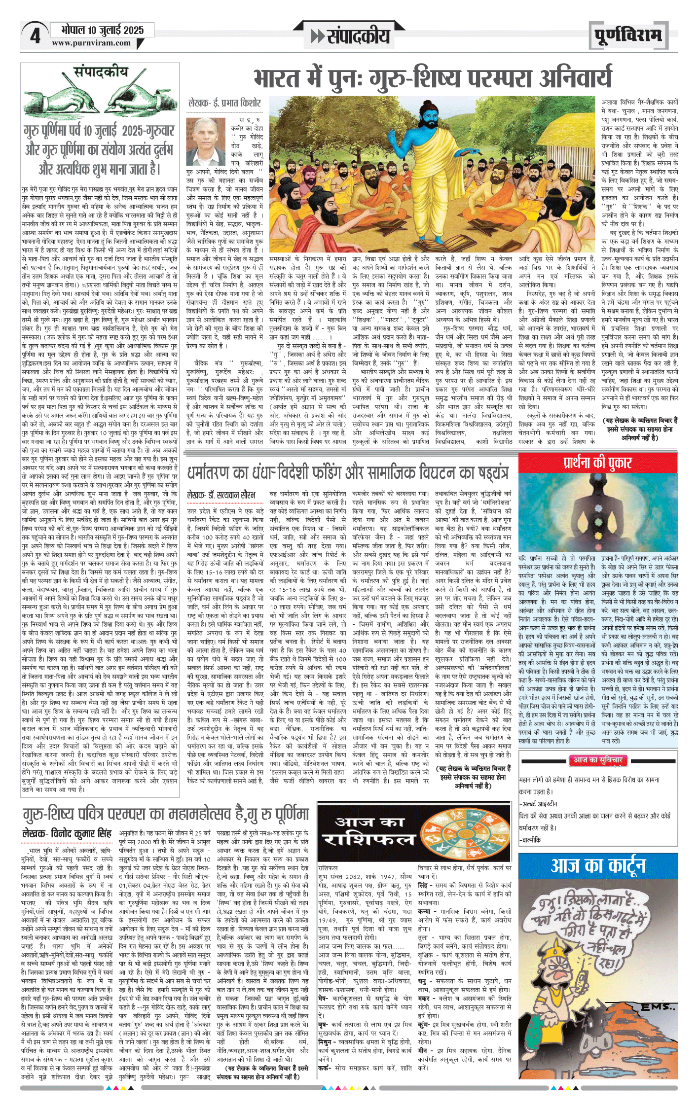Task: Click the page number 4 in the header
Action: click(x=35, y=36)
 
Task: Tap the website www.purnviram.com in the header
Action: click(x=91, y=43)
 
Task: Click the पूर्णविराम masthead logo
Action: click(x=628, y=36)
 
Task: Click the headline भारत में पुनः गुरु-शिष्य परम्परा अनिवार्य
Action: click(x=433, y=79)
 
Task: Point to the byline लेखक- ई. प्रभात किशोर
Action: click(x=224, y=103)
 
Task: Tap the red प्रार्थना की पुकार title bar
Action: click(x=597, y=463)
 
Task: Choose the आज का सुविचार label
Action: click(x=597, y=760)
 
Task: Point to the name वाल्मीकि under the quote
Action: click(x=531, y=839)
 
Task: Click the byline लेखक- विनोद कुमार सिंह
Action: click(x=67, y=833)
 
